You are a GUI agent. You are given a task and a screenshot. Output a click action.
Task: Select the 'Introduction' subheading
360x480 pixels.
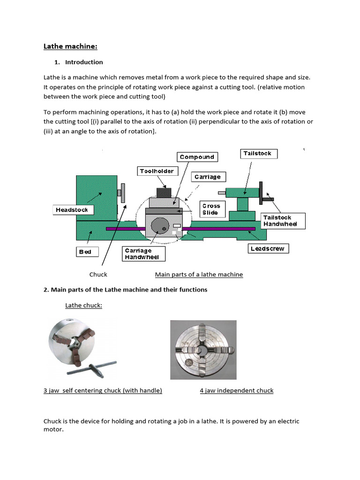pyautogui.click(x=84, y=62)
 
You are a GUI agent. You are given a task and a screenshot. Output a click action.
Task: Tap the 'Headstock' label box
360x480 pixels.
pyautogui.click(x=72, y=210)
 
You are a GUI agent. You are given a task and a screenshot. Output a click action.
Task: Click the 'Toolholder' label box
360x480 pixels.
pyautogui.click(x=157, y=171)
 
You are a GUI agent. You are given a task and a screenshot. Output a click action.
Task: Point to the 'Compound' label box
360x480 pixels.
pyautogui.click(x=197, y=157)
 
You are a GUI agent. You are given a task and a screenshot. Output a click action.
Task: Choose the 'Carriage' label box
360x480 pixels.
pyautogui.click(x=208, y=177)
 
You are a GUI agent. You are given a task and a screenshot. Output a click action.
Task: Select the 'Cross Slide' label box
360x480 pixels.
pyautogui.click(x=211, y=209)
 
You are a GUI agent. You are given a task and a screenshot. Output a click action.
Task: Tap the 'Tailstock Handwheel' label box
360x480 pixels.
pyautogui.click(x=283, y=221)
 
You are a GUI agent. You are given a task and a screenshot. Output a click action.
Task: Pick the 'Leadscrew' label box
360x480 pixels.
pyautogui.click(x=268, y=248)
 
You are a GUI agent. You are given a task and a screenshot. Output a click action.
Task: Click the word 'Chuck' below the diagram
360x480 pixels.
pyautogui.click(x=98, y=275)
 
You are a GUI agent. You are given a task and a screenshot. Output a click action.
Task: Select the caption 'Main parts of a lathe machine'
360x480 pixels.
pyautogui.click(x=199, y=275)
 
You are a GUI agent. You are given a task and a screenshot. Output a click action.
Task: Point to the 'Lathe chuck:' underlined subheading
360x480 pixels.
pyautogui.click(x=83, y=306)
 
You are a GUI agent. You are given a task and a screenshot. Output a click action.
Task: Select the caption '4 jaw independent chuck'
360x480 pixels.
pyautogui.click(x=236, y=390)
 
